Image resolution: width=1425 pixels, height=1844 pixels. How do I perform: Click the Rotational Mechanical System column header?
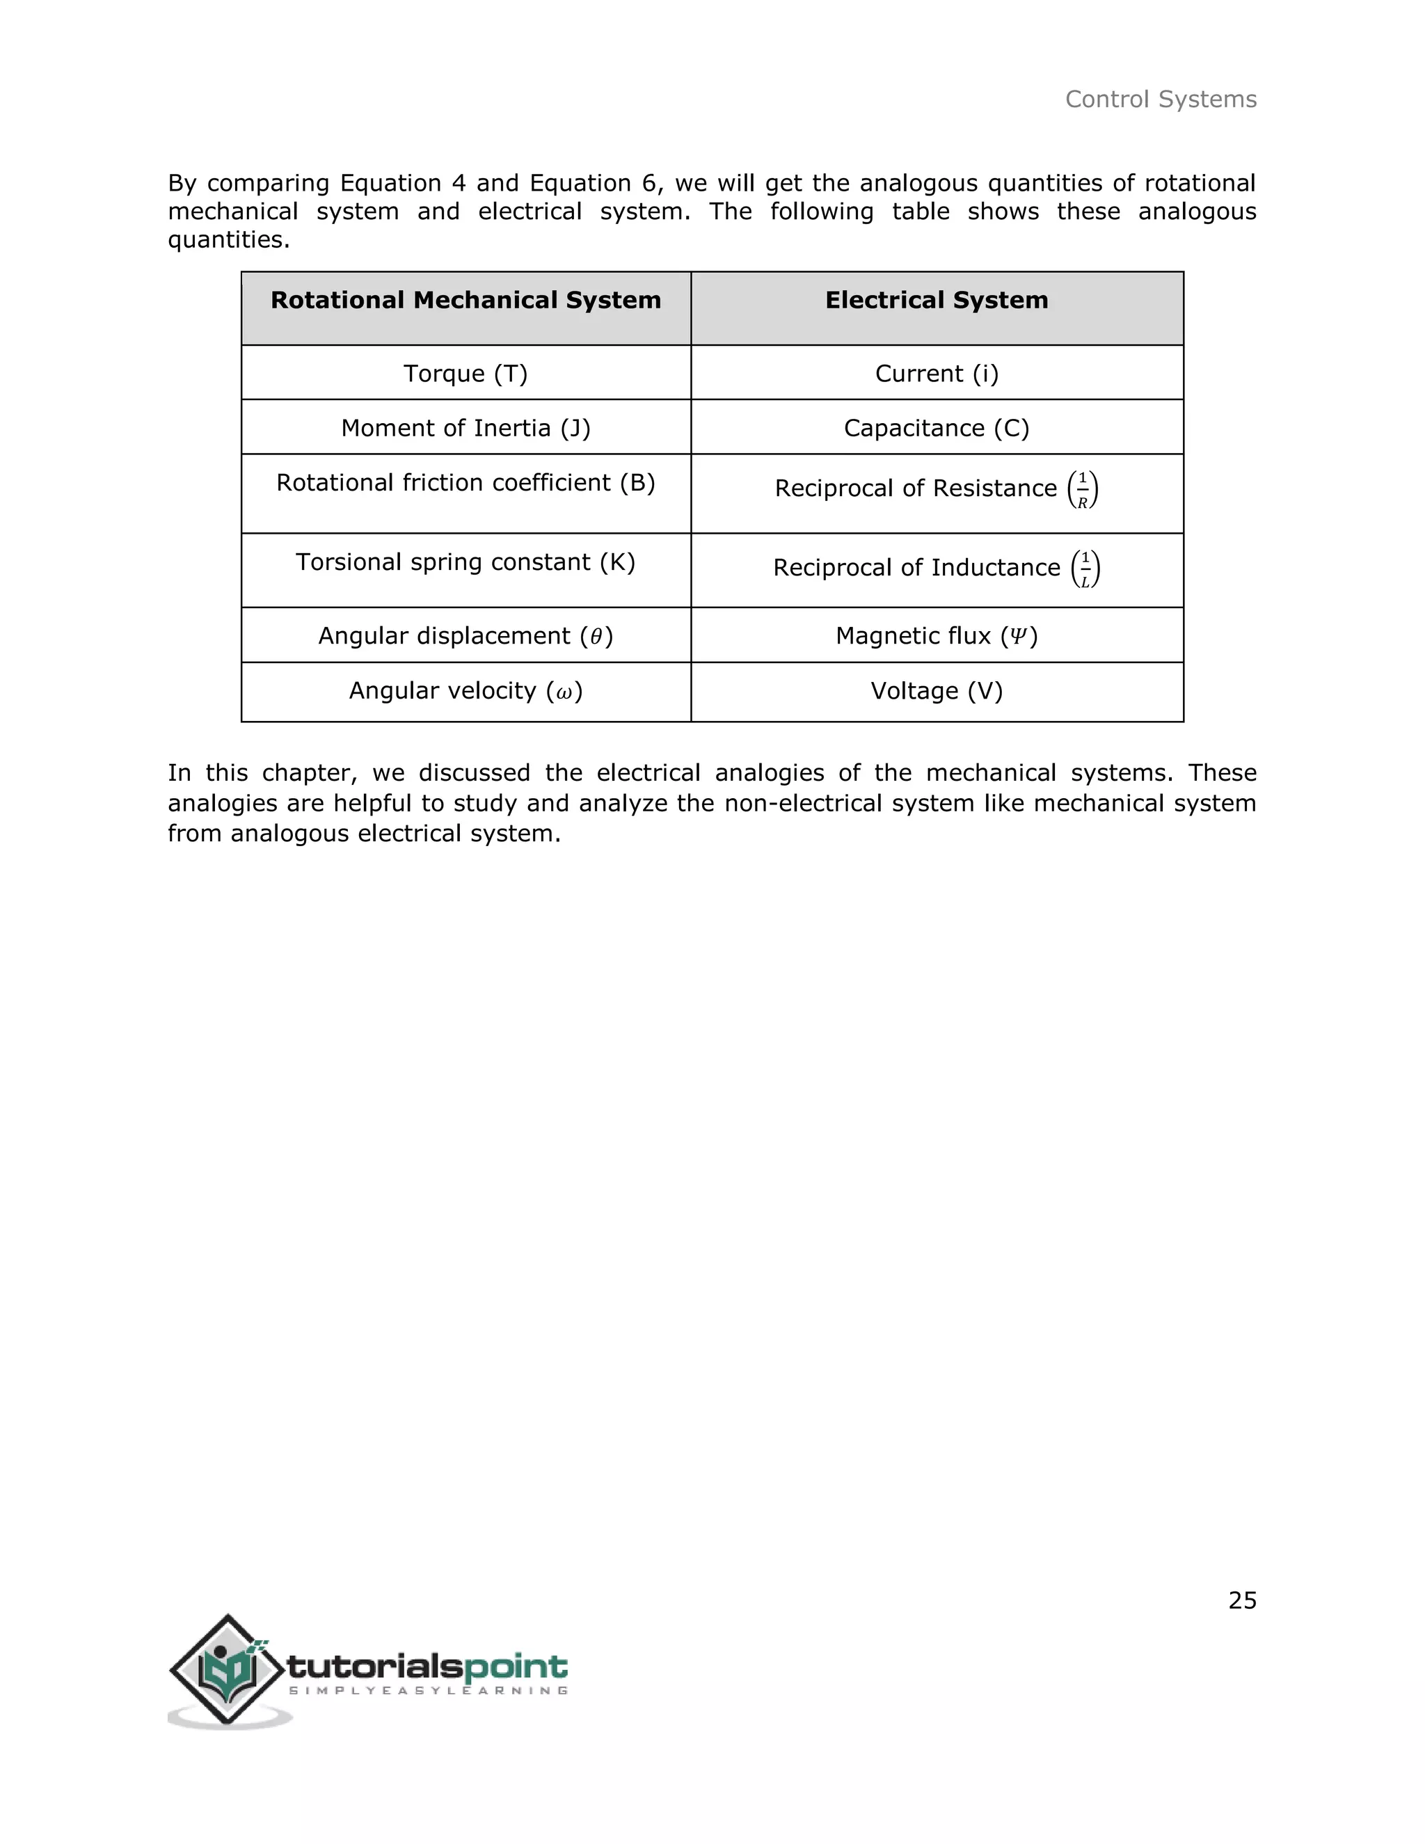click(465, 301)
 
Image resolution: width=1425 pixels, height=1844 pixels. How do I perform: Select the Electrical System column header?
click(937, 301)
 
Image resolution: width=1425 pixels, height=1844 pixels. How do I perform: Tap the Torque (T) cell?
click(465, 373)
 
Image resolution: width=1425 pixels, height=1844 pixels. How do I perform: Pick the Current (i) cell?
click(937, 373)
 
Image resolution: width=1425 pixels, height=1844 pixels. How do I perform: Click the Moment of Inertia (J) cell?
click(465, 428)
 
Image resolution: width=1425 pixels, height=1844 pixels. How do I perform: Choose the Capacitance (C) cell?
click(937, 428)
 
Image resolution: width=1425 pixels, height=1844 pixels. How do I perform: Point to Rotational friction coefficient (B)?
click(465, 483)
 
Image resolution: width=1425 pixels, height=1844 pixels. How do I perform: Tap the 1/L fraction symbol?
click(1085, 569)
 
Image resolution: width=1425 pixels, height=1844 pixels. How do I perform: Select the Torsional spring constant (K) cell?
click(465, 562)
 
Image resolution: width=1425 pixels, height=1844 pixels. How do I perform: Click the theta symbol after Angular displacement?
click(596, 637)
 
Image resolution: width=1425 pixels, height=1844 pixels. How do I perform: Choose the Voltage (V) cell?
click(937, 692)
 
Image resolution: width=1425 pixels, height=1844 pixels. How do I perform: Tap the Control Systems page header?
click(1161, 100)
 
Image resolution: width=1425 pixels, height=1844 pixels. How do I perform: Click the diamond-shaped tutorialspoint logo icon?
click(226, 1670)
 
